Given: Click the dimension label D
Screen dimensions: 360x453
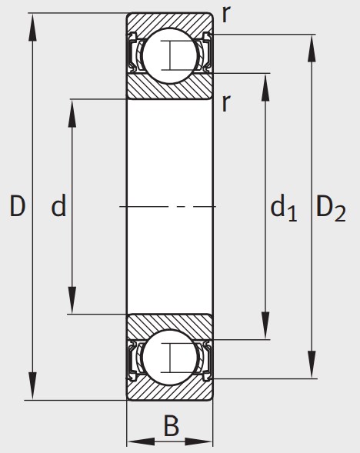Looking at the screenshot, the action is click(18, 206).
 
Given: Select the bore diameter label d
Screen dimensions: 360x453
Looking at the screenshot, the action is click(58, 205).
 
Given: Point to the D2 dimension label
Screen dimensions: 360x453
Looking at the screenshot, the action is click(331, 208).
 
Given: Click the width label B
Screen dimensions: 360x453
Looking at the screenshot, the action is click(172, 426).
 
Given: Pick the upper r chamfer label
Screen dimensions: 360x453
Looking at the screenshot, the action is click(226, 14).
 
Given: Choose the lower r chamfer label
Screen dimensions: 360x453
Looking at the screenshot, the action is click(226, 103).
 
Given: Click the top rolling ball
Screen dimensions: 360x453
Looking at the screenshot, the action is click(170, 55).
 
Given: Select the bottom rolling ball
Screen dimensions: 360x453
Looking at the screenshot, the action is click(170, 358).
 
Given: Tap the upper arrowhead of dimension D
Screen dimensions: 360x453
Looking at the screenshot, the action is click(32, 27).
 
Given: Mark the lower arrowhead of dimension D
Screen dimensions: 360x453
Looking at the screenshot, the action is click(32, 386).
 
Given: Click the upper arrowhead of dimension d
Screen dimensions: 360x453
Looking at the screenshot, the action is click(72, 113).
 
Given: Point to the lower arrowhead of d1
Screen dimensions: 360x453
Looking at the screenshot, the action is click(265, 325).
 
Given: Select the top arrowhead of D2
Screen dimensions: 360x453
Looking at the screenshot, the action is click(312, 48).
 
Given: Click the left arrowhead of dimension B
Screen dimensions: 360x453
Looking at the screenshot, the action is click(142, 441).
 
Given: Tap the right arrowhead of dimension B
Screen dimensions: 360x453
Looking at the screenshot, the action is click(198, 441).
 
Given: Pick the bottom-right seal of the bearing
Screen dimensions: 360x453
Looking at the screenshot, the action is click(206, 361).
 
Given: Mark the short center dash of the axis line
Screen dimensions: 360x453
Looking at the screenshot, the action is click(181, 207).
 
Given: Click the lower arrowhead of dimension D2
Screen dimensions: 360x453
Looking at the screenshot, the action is click(312, 365).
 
